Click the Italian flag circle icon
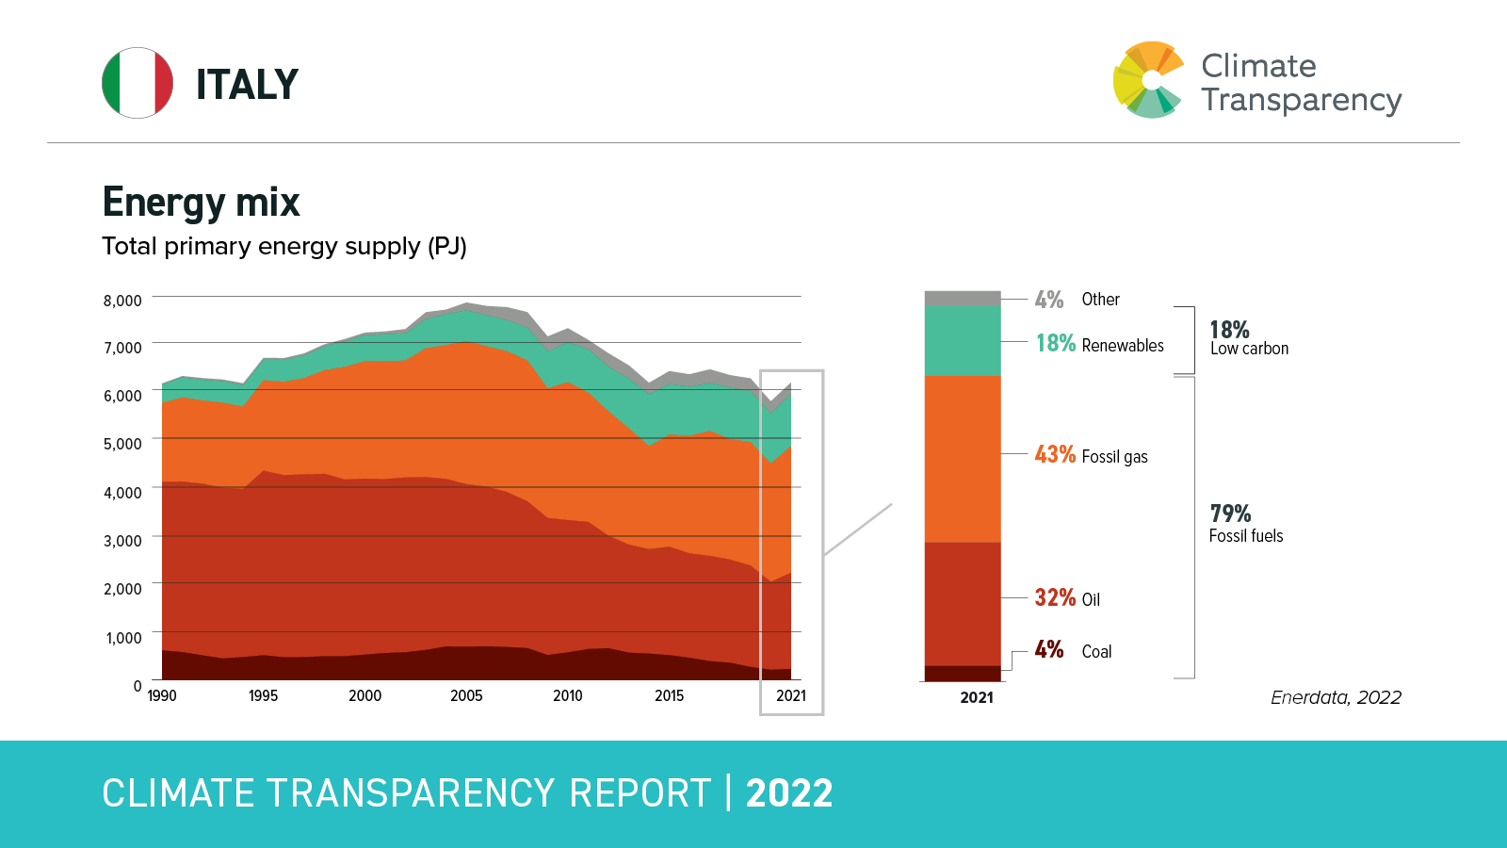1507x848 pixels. point(138,83)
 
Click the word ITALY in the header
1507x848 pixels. point(247,85)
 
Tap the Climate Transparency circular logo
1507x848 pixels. point(1148,80)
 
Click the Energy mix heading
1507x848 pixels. point(201,203)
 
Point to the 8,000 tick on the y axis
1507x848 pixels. point(122,301)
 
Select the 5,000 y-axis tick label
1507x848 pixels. point(122,444)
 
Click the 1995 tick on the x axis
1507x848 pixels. point(263,696)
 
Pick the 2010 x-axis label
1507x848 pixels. point(567,696)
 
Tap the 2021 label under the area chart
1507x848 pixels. point(791,696)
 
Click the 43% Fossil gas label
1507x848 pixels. point(1091,456)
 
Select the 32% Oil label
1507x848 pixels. point(1067,598)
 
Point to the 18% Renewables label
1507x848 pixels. point(1099,345)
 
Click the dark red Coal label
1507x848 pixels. point(1073,651)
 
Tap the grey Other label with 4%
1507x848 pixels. point(1077,300)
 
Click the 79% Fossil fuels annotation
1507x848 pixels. point(1245,524)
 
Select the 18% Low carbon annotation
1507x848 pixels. point(1248,338)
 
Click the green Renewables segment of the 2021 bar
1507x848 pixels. point(963,341)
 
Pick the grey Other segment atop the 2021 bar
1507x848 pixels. point(963,299)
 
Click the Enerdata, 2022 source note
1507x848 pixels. point(1336,698)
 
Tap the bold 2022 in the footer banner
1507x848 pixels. point(789,793)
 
